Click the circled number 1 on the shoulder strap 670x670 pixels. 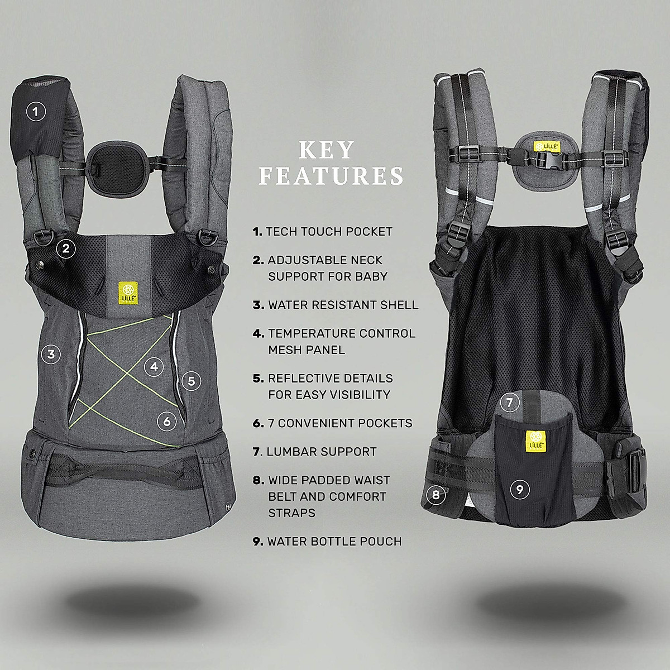(36, 112)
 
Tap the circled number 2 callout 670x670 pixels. (66, 248)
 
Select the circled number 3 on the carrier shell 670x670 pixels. (51, 353)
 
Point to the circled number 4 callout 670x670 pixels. (154, 367)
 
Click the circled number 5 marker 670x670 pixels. (191, 381)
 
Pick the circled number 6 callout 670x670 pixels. (167, 422)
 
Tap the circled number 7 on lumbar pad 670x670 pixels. (509, 402)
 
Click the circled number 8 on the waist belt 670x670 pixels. (435, 494)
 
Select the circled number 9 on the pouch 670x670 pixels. (520, 490)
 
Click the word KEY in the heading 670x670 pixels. (327, 150)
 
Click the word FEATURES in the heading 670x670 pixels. (331, 175)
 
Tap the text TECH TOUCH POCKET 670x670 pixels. (329, 232)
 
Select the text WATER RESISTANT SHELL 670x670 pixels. (343, 305)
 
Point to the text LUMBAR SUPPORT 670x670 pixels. (322, 452)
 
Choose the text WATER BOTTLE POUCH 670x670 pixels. (334, 542)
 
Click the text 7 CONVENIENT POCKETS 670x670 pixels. (345, 423)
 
